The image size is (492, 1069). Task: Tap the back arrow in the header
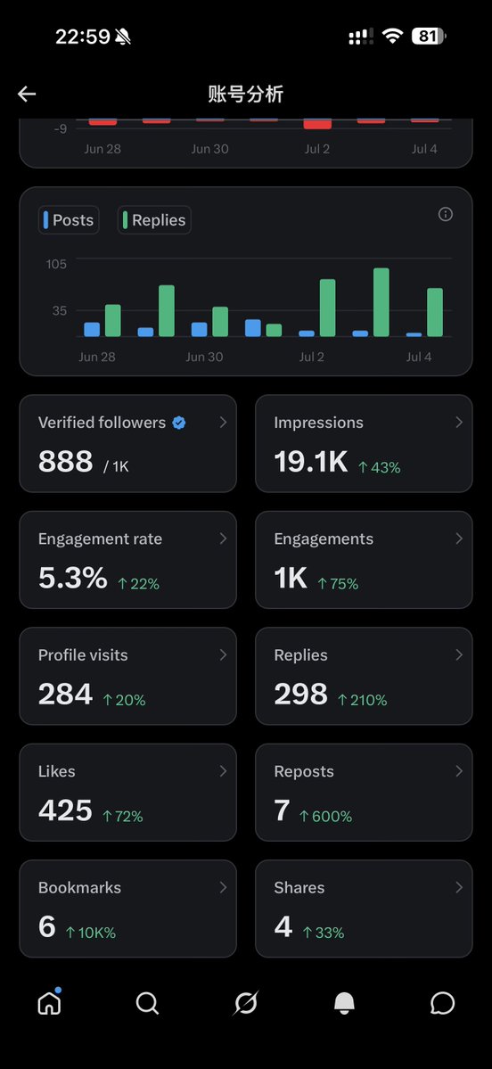pos(27,95)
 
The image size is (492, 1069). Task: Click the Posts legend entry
pos(69,220)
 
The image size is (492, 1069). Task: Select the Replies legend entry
pos(154,220)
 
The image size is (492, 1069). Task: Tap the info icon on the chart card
pos(446,215)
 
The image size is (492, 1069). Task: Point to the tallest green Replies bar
pos(381,302)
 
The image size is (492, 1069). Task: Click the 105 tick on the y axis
pos(56,264)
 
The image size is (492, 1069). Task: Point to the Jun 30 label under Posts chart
pos(204,357)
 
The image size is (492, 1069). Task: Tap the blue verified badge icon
pos(178,423)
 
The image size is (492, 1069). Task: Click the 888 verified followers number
pos(65,462)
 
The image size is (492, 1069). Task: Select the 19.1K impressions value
pos(311,462)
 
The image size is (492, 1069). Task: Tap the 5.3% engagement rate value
pos(73,578)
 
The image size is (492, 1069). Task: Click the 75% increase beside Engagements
pos(338,584)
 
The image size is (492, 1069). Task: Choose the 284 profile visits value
pos(65,694)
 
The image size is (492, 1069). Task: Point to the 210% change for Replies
pos(363,700)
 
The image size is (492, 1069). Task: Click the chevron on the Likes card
pos(223,771)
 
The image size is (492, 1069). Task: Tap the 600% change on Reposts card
pos(326,816)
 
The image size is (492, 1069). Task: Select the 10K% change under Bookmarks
pos(91,933)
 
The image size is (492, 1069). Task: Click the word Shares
pos(299,888)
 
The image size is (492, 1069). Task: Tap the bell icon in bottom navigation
pos(344,1003)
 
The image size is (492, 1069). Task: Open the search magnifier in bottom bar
pos(147,1003)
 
